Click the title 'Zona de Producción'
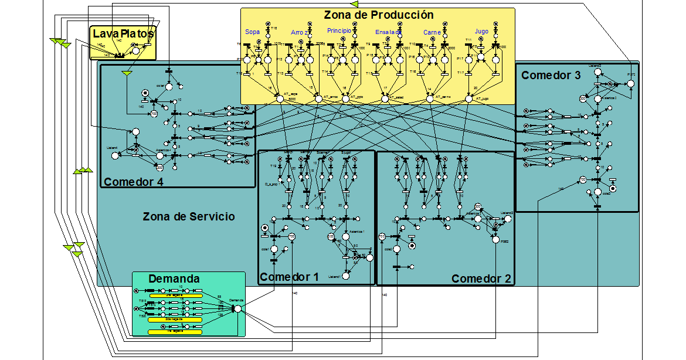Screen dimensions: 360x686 [x=378, y=15]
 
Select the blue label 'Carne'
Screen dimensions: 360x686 [x=432, y=33]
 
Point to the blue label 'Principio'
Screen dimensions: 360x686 [x=339, y=30]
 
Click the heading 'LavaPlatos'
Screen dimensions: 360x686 [x=123, y=34]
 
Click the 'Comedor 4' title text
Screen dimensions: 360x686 [x=134, y=182]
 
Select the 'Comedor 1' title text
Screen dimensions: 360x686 [x=288, y=277]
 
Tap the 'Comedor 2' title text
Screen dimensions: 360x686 [x=481, y=279]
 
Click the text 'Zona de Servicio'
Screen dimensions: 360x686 [x=189, y=216]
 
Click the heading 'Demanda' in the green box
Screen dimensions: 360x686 [x=174, y=279]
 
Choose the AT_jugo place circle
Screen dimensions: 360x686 [x=469, y=99]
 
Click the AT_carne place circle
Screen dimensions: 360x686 [x=430, y=99]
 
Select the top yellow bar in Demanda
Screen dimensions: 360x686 [x=176, y=296]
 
